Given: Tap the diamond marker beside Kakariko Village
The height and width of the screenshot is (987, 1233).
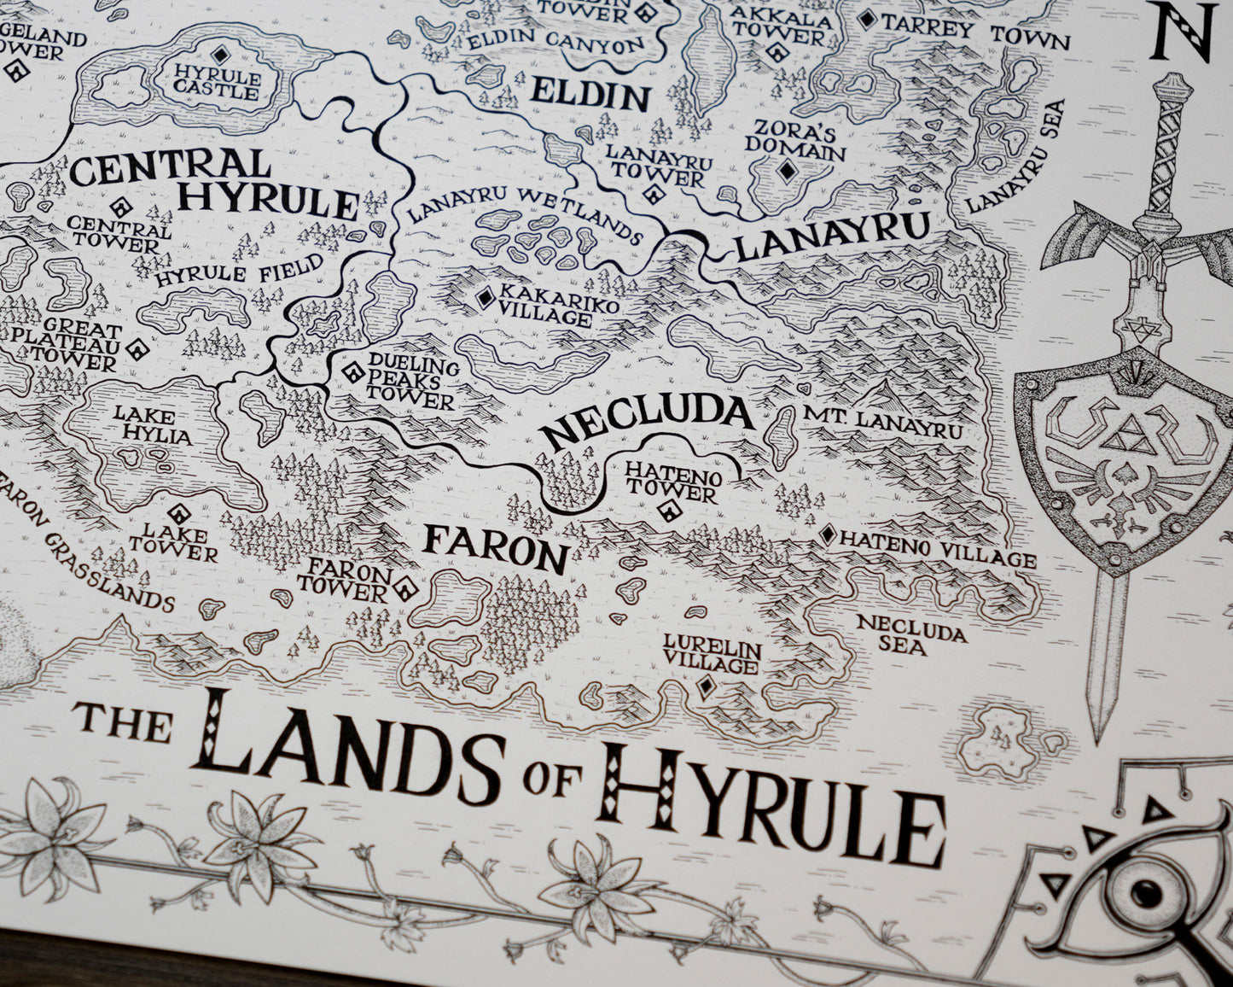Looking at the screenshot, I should [486, 298].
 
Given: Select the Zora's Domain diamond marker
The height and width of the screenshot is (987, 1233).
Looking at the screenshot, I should [786, 171].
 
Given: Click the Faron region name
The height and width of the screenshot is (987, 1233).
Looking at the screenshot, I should [496, 548].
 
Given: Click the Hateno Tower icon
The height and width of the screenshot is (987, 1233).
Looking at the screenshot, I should [668, 511].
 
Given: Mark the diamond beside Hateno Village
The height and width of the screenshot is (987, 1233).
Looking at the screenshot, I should [826, 534].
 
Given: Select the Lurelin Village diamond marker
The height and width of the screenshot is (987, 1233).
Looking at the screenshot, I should [706, 686].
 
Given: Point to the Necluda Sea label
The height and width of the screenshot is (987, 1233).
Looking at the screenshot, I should [910, 634].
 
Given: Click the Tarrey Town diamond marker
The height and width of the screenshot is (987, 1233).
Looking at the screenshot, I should [868, 19].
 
